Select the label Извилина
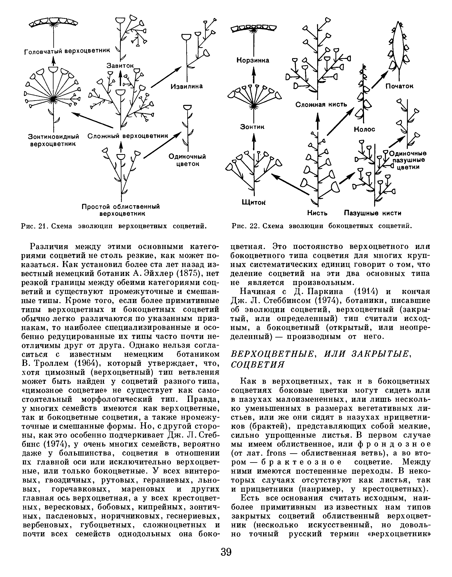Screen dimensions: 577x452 tap(186, 86)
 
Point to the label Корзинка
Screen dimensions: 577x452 tap(253, 60)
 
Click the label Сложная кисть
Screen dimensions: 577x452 tap(321, 104)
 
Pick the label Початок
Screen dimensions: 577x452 tap(399, 86)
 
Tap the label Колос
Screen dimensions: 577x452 tap(364, 129)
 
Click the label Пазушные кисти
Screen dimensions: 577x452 tap(373, 213)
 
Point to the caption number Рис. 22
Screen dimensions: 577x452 tap(244, 226)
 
